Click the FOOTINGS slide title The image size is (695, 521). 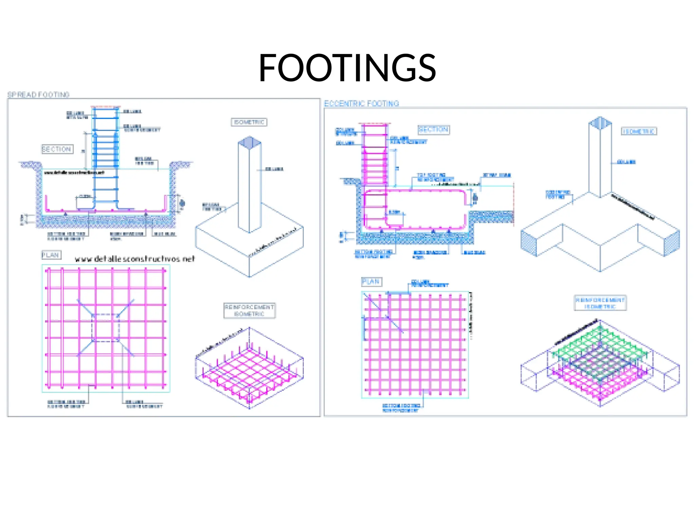[347, 68]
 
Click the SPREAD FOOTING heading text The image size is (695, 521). [38, 95]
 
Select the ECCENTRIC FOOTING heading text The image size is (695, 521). [361, 103]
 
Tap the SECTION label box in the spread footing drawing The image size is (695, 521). [57, 149]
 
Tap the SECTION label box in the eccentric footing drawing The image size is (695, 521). [433, 130]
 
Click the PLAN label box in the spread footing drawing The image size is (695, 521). [51, 255]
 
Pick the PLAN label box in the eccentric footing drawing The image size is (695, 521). [371, 282]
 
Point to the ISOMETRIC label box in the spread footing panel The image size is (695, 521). [249, 122]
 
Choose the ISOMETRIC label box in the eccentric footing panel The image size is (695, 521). [639, 131]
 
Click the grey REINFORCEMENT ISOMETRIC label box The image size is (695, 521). [249, 310]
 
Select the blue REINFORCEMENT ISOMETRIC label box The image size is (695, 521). [600, 303]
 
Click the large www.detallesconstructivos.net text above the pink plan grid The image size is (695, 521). [135, 259]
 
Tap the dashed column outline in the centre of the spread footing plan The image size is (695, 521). [106, 328]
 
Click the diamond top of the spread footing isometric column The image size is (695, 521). [250, 142]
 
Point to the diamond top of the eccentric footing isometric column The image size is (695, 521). [600, 123]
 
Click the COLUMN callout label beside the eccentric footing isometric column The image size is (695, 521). [626, 162]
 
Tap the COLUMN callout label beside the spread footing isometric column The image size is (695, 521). [274, 169]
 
